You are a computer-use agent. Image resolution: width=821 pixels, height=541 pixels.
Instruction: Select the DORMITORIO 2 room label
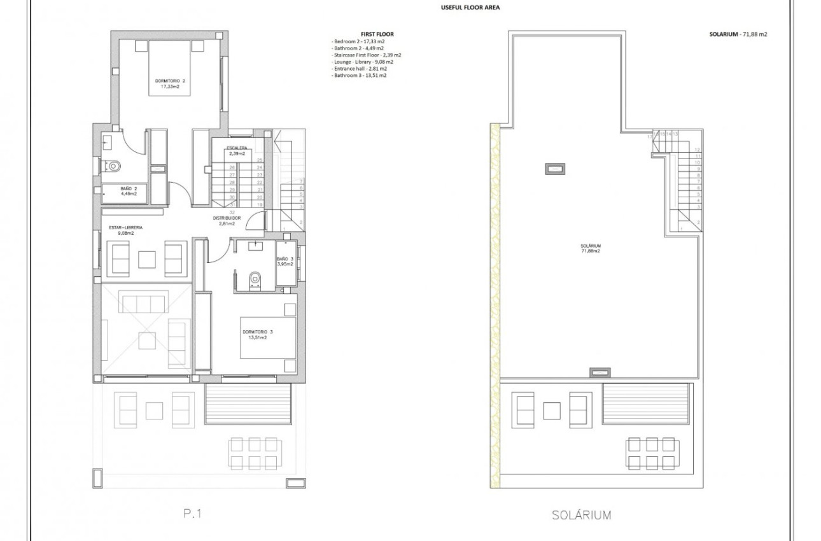coord(170,83)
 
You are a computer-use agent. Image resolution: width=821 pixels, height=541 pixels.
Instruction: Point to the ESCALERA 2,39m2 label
coord(232,151)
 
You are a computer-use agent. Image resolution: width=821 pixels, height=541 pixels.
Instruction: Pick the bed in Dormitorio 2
coord(170,67)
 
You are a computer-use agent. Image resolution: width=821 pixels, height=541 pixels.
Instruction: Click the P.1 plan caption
coord(192,514)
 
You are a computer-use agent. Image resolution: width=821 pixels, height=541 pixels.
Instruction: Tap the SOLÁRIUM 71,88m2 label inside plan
coord(590,248)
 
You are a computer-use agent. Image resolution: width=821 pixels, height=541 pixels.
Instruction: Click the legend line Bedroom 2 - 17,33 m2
coord(358,41)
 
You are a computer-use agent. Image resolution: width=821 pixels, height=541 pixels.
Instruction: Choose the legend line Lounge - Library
coord(362,62)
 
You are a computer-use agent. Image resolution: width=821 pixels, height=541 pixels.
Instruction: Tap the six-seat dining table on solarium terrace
coord(650,453)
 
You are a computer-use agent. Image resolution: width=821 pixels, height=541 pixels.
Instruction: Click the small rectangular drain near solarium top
coord(555,169)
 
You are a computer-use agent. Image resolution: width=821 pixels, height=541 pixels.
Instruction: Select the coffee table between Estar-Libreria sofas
coord(148,260)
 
